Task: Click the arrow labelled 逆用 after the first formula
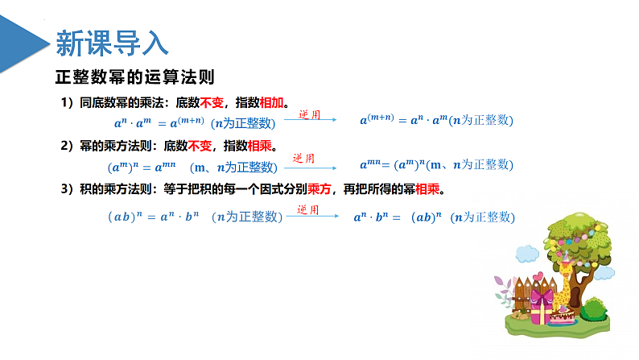click(311, 122)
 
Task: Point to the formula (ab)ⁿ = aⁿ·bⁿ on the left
click(152, 217)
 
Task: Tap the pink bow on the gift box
click(542, 296)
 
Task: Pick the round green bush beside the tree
click(594, 308)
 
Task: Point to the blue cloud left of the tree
click(526, 254)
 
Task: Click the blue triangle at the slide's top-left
click(22, 40)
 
